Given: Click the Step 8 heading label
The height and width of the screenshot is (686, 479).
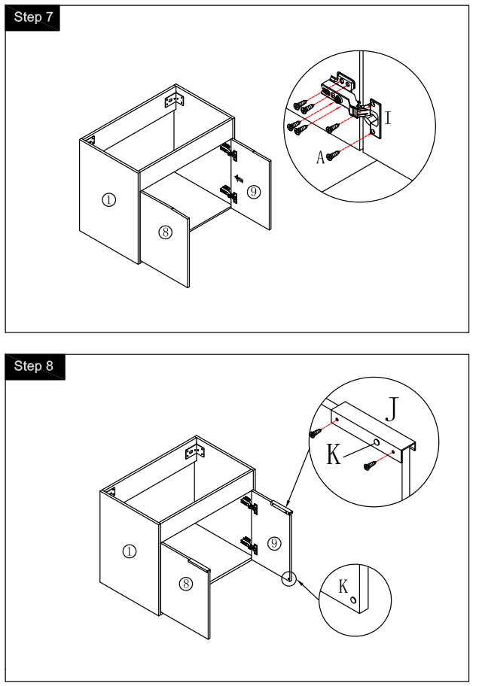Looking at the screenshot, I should click(x=34, y=366).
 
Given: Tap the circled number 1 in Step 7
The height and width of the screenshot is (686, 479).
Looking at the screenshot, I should click(x=109, y=199).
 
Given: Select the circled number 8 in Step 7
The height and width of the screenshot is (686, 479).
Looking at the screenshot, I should click(x=165, y=232).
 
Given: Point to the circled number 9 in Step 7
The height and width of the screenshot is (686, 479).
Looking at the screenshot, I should click(x=253, y=192).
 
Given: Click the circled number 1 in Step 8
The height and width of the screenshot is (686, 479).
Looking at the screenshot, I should click(x=130, y=551).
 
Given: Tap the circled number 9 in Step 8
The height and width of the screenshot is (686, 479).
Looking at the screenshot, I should click(x=274, y=542).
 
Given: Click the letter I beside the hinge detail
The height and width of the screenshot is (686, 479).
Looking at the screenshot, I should click(x=388, y=118).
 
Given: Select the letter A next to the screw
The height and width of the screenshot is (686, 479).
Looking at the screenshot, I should click(x=320, y=156).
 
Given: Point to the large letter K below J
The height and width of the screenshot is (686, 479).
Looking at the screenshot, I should click(x=334, y=454).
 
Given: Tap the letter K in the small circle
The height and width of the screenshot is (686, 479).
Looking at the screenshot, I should click(x=343, y=587).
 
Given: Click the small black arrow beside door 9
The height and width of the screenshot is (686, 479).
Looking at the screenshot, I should click(x=239, y=178).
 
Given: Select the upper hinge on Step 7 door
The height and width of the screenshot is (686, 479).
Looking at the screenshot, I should click(x=230, y=151).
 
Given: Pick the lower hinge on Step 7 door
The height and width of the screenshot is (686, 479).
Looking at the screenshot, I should click(x=230, y=194).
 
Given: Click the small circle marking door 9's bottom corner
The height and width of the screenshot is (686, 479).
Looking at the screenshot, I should click(x=288, y=578).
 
